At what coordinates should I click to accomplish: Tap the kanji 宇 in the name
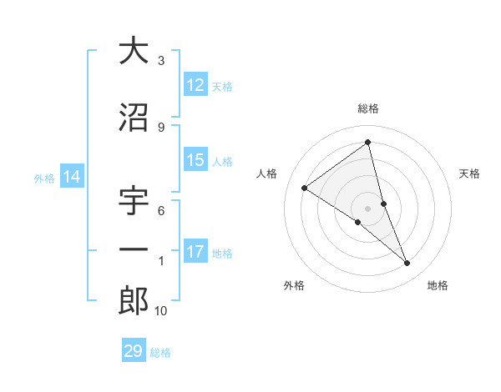[134, 203]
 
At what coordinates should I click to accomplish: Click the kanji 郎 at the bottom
[134, 300]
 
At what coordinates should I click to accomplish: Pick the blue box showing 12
[195, 85]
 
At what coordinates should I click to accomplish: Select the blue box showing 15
[195, 160]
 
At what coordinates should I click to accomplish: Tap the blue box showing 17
[195, 252]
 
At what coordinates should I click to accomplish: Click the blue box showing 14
[72, 177]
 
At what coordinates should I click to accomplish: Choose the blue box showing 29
[134, 351]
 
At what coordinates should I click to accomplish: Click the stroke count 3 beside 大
[161, 61]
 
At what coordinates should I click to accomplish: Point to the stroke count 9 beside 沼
[161, 128]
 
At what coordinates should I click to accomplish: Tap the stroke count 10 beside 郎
[161, 311]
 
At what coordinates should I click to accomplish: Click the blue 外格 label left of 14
[44, 178]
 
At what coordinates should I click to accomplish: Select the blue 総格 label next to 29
[160, 353]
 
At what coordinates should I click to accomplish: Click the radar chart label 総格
[368, 108]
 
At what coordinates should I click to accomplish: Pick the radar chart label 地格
[438, 285]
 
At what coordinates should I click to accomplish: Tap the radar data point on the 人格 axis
[305, 188]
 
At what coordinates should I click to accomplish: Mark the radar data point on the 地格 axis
[407, 264]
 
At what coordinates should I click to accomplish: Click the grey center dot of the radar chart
[368, 208]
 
